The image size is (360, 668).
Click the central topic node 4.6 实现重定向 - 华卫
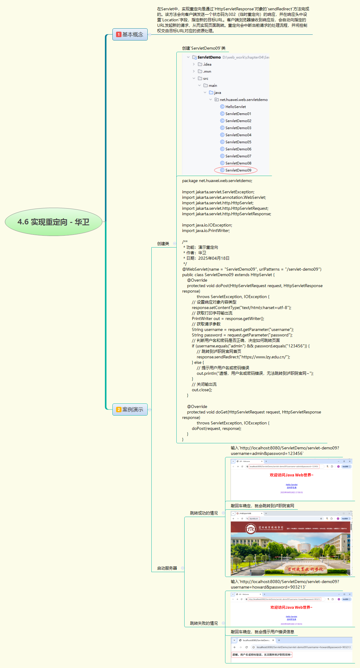tap(53, 222)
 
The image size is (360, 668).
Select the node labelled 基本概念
tap(132, 35)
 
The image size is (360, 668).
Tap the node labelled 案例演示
tap(132, 410)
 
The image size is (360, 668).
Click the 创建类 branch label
tap(163, 244)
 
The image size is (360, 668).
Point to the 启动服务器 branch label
tap(167, 568)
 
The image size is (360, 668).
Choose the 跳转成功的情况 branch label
tap(204, 513)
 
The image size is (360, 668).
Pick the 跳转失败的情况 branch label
tap(204, 623)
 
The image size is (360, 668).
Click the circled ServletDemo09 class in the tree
tap(238, 170)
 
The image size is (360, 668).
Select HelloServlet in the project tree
tap(235, 107)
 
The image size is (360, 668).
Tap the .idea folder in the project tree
tap(207, 65)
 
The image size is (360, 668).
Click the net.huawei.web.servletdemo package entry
tap(244, 100)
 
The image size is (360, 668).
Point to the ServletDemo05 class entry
tap(238, 142)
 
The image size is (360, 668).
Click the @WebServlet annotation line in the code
tap(252, 269)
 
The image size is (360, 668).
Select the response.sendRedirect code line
tap(243, 357)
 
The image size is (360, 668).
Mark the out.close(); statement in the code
tap(202, 390)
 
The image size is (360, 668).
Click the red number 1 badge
tap(119, 35)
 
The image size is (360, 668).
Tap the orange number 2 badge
tap(119, 410)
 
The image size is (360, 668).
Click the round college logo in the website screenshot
tap(251, 528)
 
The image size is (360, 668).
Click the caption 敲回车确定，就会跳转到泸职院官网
tap(262, 506)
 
